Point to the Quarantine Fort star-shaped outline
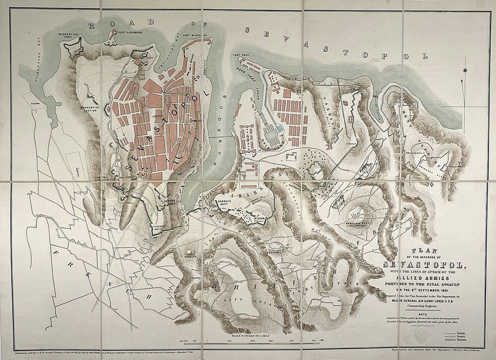pos(72,48)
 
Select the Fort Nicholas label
pos(195,35)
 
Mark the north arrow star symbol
pos(465,71)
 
